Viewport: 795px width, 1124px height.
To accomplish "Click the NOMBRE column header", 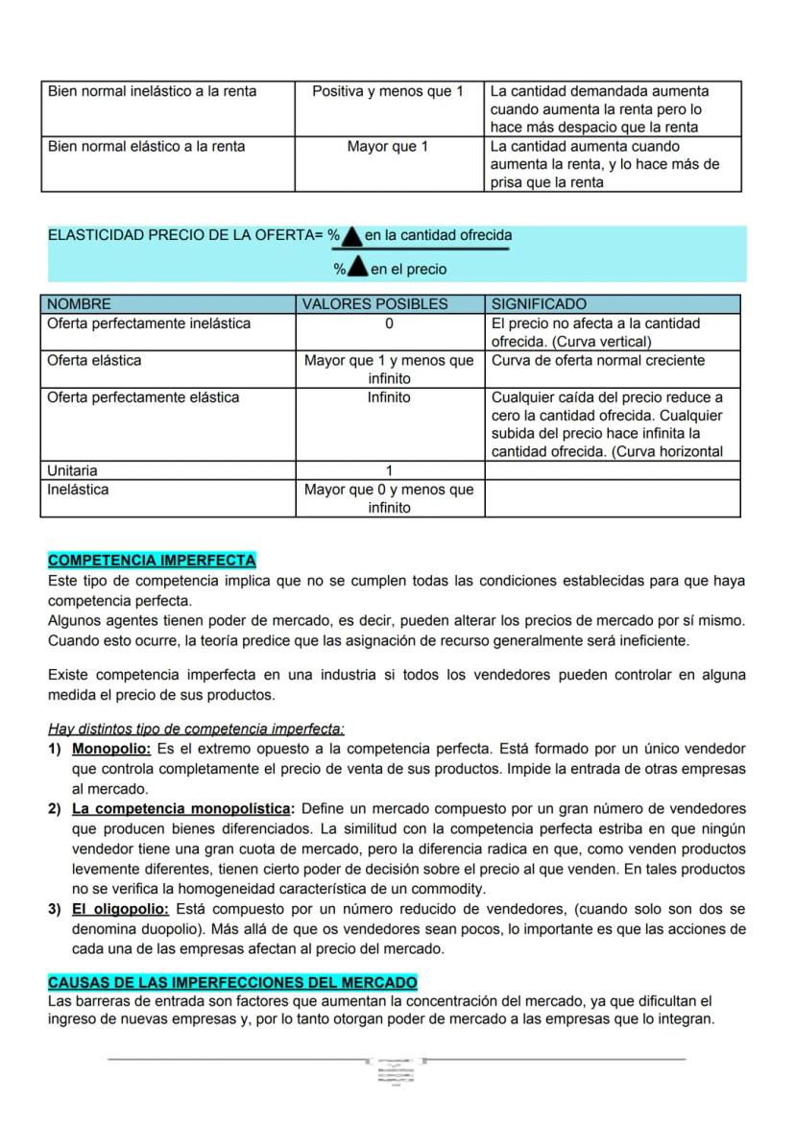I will point(80,304).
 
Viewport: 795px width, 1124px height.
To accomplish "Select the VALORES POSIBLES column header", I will point(374,304).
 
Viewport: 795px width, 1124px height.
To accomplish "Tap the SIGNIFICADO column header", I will point(539,304).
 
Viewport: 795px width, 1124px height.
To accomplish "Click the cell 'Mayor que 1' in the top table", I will point(388,147).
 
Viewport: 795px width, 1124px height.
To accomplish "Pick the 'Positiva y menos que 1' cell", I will point(388,91).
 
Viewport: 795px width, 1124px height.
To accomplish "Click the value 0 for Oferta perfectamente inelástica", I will point(389,323).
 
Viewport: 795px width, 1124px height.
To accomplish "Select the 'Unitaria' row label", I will point(73,470).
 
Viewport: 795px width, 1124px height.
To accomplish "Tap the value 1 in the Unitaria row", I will point(389,470).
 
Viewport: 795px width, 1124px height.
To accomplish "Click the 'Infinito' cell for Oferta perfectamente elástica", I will point(389,397).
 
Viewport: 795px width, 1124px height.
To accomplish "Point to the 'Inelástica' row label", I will point(78,490).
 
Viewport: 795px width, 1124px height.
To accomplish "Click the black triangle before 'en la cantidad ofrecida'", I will point(352,236).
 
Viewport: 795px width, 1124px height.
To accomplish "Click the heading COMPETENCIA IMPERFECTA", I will point(152,561).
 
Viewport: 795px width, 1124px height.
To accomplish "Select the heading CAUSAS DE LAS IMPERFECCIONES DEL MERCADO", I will point(232,983).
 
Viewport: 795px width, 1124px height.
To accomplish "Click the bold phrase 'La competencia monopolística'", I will point(180,808).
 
